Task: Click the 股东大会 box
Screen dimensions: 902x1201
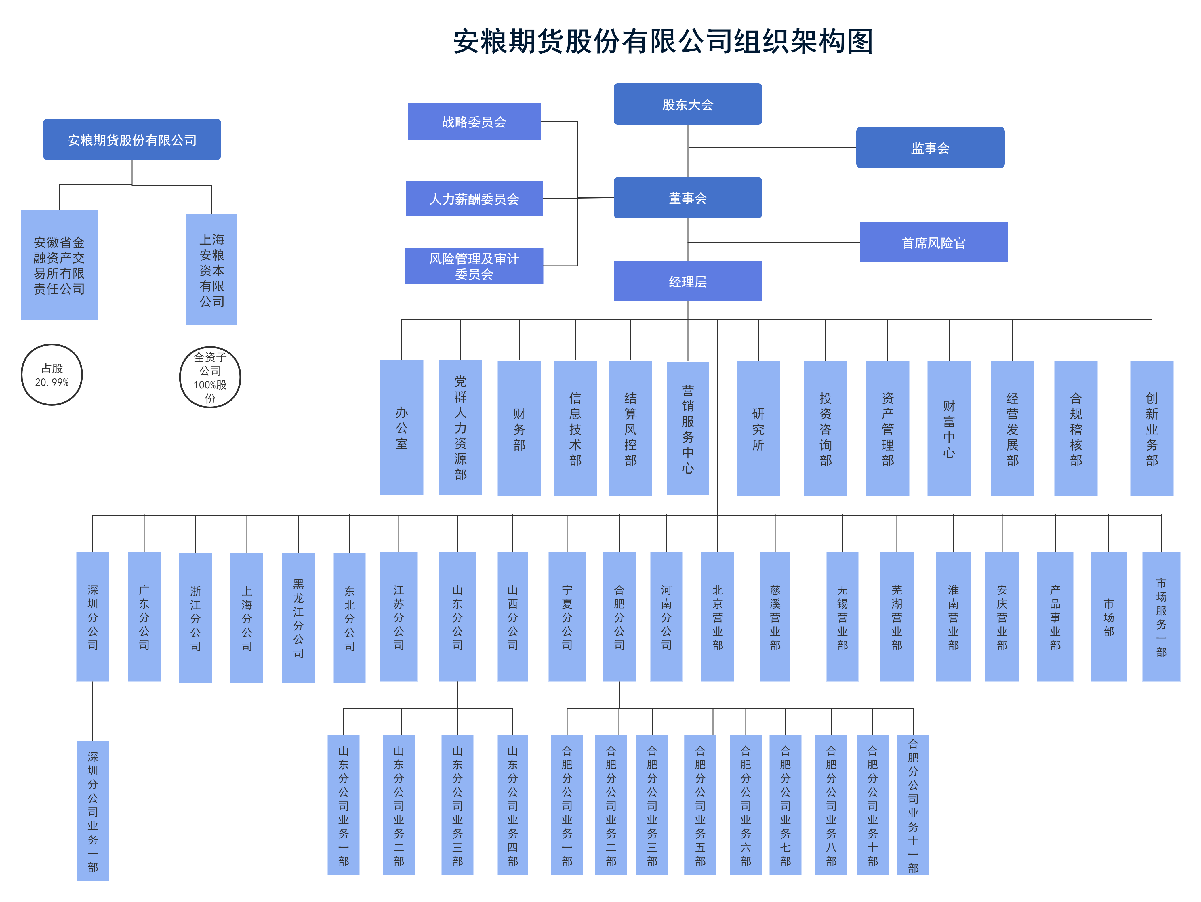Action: pos(687,104)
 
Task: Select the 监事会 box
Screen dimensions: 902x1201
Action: pos(930,148)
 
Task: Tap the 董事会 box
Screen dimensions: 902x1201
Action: pos(687,198)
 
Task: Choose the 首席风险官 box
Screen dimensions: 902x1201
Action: pos(933,242)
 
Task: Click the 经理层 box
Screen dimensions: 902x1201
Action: pos(687,281)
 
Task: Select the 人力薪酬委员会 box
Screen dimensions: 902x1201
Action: pos(474,199)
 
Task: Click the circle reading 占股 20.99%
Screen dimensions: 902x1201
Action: pos(52,375)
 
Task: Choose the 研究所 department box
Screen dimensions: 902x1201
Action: pos(758,428)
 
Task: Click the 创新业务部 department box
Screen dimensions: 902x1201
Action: pos(1152,428)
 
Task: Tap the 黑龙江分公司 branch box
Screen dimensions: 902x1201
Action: pos(298,617)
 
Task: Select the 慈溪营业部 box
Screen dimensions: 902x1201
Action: pos(775,617)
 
